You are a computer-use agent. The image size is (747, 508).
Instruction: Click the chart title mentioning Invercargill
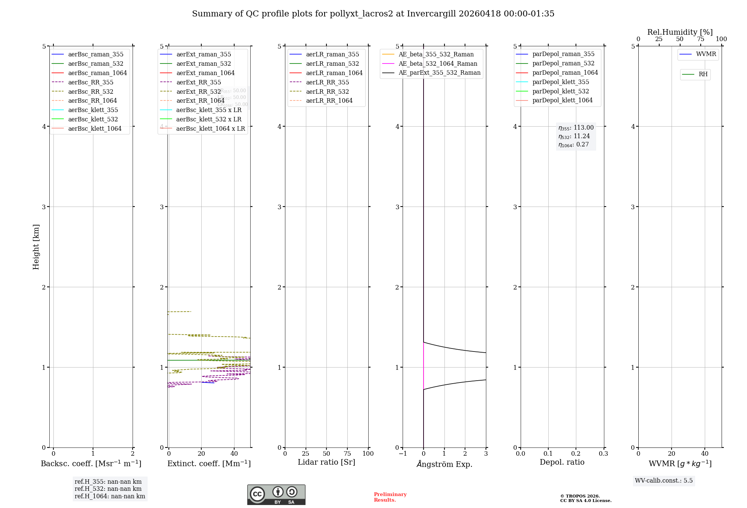tap(373, 14)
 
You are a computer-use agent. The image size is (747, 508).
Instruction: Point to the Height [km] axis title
tap(36, 247)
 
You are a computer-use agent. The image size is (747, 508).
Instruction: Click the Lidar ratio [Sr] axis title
tap(326, 462)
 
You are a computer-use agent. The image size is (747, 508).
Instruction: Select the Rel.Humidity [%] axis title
tap(680, 32)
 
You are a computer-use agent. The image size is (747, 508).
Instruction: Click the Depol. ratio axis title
tap(562, 462)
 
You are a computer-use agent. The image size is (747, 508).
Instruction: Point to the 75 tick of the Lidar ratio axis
tap(347, 454)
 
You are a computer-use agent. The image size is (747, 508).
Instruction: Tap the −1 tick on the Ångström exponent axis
tap(402, 454)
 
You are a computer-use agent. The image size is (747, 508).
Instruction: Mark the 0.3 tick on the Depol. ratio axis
tap(603, 454)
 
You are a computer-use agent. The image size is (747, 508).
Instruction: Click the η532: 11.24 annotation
tap(574, 136)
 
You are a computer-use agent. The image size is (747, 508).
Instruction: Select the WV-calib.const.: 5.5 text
tap(664, 481)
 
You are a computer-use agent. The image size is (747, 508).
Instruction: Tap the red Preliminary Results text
tap(390, 497)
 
